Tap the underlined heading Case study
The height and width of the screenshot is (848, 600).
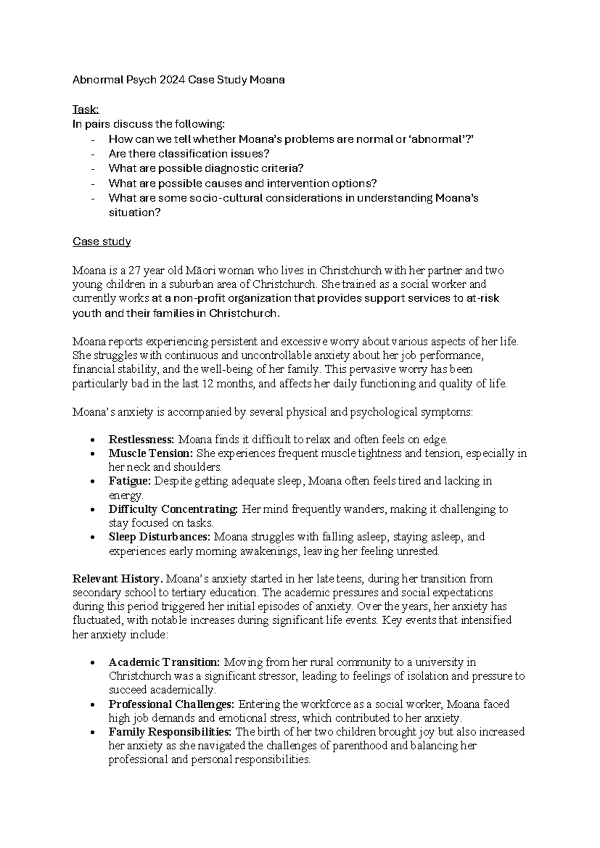(x=101, y=242)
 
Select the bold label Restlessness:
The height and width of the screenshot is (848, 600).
(x=141, y=440)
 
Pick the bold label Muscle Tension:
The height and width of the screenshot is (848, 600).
(x=150, y=453)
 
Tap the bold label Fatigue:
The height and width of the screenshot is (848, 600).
(x=129, y=481)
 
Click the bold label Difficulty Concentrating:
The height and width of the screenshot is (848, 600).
(x=173, y=509)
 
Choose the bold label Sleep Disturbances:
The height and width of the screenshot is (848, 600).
(x=160, y=537)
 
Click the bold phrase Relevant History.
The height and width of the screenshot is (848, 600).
(x=118, y=579)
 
